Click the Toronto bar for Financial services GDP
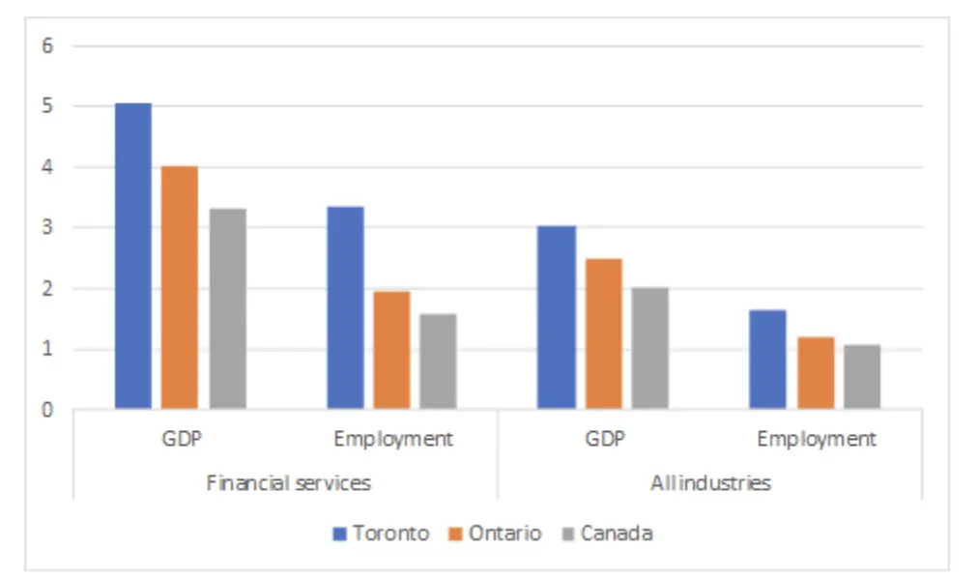click(133, 256)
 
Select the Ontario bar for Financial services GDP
click(180, 287)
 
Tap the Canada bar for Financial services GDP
click(227, 308)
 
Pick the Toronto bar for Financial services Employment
click(345, 307)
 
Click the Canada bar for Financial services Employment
click(439, 361)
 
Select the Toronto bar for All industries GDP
click(557, 317)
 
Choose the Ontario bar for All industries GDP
click(604, 333)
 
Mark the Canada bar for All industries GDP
click(650, 348)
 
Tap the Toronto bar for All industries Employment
click(768, 360)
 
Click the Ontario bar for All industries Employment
click(816, 373)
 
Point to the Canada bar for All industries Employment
click(862, 377)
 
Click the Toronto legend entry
click(381, 533)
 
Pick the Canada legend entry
click(606, 533)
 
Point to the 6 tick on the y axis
click(46, 45)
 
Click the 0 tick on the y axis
click(46, 410)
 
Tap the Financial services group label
click(288, 482)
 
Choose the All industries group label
click(710, 482)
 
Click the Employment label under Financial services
click(392, 439)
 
